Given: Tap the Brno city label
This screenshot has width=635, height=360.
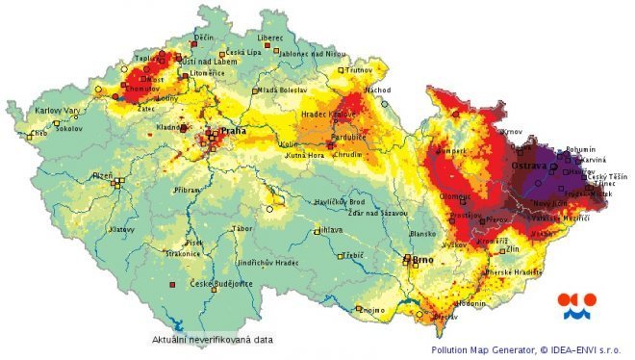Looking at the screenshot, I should point(422,259).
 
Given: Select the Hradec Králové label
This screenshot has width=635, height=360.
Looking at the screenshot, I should point(330,114).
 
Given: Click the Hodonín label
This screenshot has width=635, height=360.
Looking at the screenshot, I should point(470,302).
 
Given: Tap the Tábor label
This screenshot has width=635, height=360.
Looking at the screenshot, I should point(242,228).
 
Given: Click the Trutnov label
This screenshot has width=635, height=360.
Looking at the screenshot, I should point(360,70).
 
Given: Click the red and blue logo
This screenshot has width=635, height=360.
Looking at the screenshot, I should point(576,305).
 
